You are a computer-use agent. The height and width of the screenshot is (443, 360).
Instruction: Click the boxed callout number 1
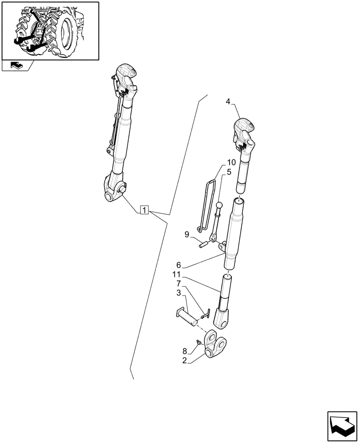145,210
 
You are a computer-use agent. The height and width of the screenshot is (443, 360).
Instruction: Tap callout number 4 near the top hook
228,101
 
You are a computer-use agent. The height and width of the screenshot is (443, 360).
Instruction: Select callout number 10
231,163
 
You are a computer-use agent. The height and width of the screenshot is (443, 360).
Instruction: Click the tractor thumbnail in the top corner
50,31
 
